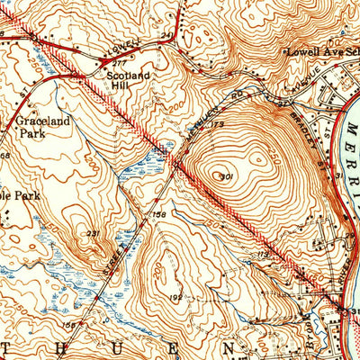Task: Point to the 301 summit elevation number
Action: coord(227,176)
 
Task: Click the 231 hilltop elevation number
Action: coord(93,234)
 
